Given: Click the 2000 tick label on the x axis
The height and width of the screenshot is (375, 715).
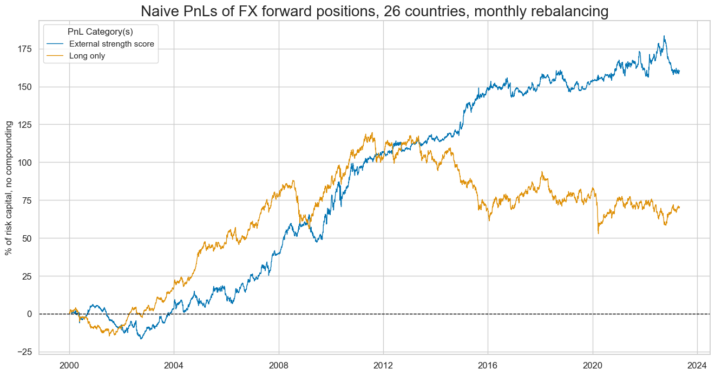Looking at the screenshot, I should tap(69, 365).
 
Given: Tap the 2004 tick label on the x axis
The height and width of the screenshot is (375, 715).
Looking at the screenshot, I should tap(174, 365).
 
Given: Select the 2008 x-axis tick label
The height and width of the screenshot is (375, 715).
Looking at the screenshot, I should tap(279, 365).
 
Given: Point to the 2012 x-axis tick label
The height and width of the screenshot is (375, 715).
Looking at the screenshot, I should tap(383, 365).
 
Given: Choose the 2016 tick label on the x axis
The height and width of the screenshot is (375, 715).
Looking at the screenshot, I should tap(488, 365).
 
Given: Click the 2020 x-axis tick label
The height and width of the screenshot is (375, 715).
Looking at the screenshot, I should tap(593, 365).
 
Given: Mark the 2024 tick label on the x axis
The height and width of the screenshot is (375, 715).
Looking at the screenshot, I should tap(697, 365).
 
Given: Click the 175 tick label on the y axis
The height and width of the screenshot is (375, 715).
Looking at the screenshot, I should tap(25, 49).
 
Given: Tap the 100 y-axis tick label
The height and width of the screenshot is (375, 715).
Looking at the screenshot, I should tap(25, 163).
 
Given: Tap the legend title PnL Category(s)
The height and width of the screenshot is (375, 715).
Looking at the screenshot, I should tap(100, 31).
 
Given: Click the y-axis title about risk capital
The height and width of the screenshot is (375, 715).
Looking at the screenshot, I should tap(9, 187).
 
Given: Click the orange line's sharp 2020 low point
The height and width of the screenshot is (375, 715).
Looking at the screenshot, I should tap(598, 233).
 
